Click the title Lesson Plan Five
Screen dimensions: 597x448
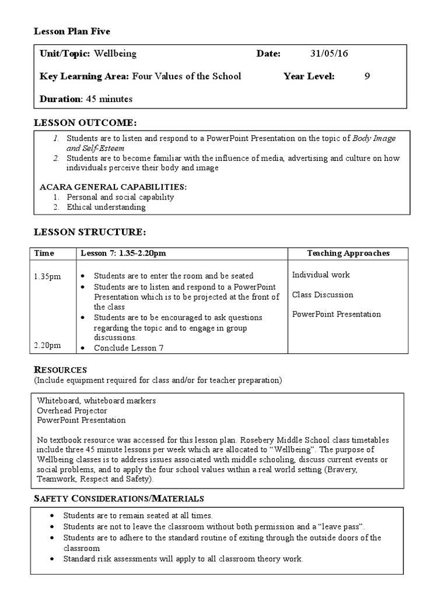coord(72,31)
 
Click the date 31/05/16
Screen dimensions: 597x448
coord(329,54)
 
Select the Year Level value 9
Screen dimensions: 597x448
coord(367,76)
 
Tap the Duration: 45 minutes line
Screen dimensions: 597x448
coord(86,99)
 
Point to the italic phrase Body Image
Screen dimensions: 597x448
coord(374,139)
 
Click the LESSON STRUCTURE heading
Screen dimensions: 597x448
coord(90,232)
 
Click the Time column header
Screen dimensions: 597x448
coord(44,253)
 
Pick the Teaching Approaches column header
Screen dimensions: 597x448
coord(348,253)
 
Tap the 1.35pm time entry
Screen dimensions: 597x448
coord(47,275)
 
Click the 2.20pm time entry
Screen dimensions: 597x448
coord(47,345)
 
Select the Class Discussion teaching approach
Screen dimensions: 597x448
coord(323,294)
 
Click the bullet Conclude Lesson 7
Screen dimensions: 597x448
coord(129,348)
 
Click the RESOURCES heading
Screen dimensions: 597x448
coord(61,370)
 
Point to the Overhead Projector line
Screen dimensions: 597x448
coord(72,410)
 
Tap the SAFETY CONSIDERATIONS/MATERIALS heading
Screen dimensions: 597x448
coord(119,498)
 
